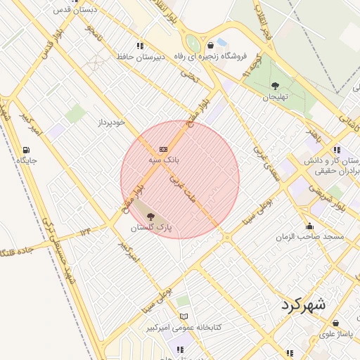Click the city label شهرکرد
[304, 305]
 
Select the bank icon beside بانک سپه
[164, 149]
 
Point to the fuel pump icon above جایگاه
[27, 149]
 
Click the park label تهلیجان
[275, 98]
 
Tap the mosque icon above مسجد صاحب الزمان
[310, 226]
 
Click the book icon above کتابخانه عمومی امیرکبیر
[184, 316]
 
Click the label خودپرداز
[111, 122]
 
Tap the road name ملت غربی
[181, 189]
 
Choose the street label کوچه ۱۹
[251, 67]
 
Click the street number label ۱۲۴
[85, 231]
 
